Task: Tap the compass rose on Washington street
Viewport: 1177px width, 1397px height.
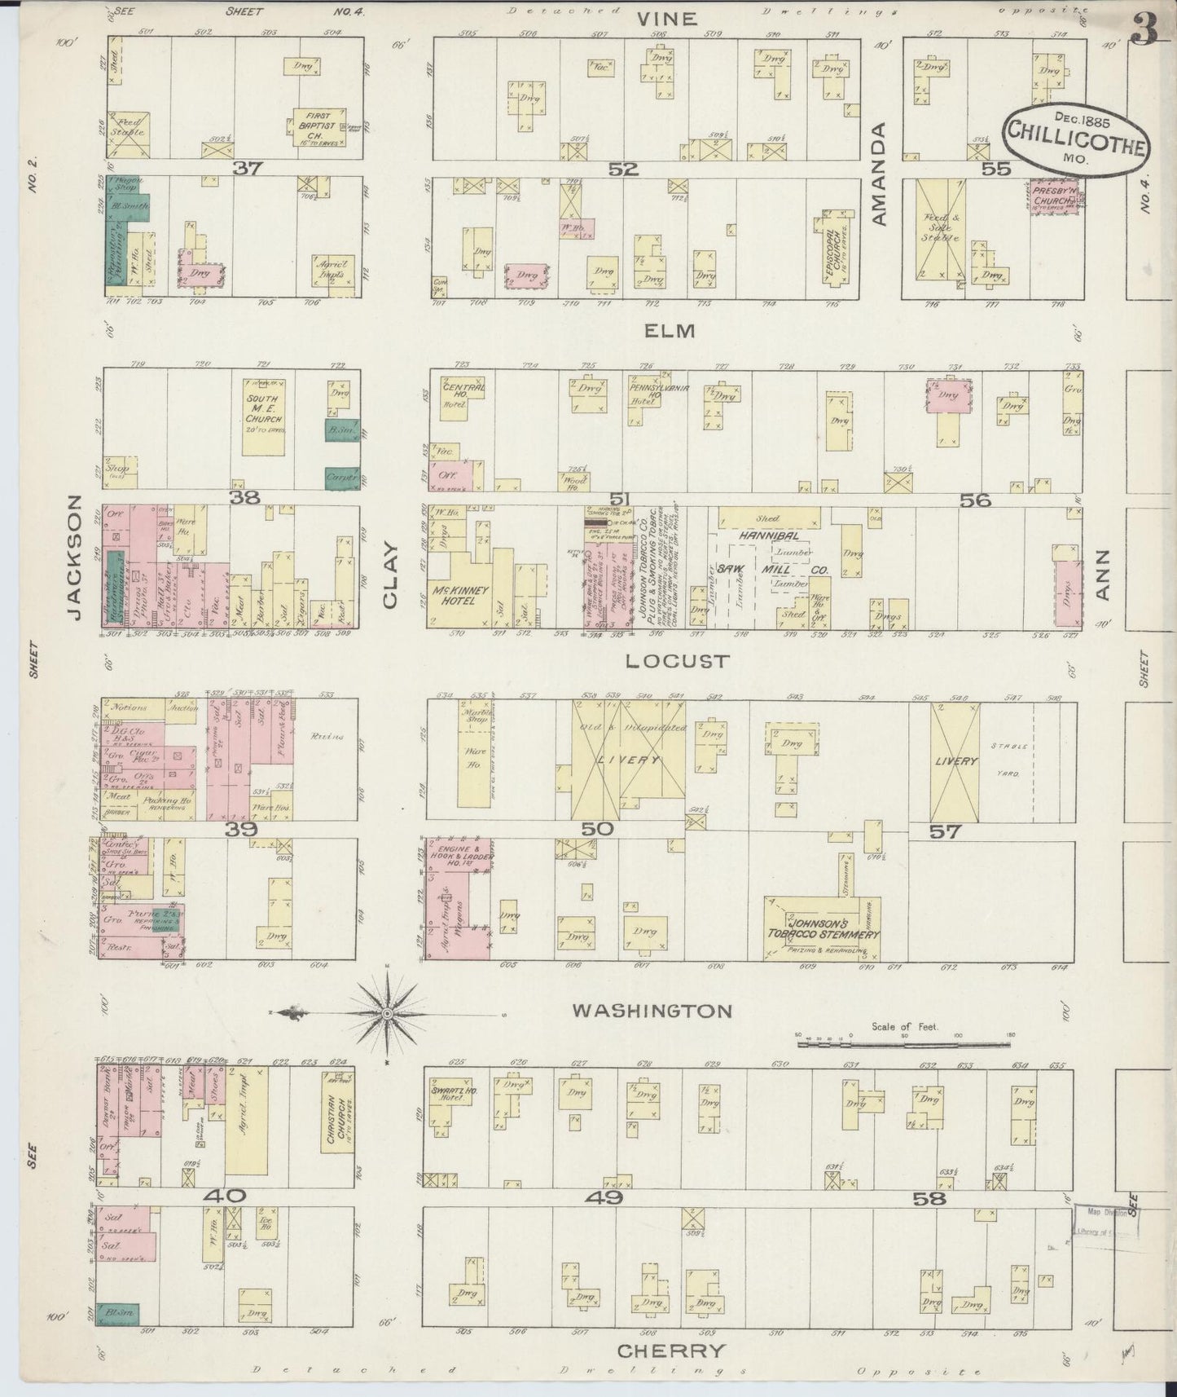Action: (x=388, y=1013)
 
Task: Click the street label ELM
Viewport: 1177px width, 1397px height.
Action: (x=670, y=331)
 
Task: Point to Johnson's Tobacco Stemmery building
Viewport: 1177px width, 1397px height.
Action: (x=823, y=928)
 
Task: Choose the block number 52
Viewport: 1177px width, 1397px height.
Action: (x=623, y=169)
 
